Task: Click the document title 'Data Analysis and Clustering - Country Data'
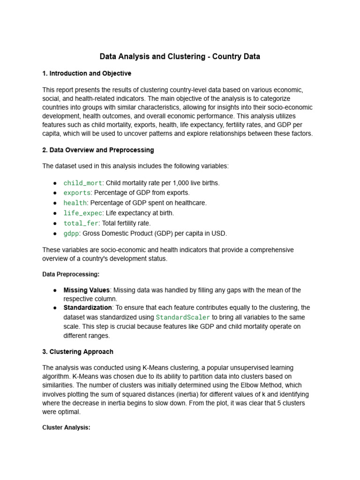[180, 57]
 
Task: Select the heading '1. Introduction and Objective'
[87, 74]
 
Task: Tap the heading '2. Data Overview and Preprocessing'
[98, 150]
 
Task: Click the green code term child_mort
[82, 183]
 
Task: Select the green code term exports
[76, 193]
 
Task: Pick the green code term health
[75, 203]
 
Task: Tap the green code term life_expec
[82, 213]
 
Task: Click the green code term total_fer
[81, 223]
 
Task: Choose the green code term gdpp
[71, 233]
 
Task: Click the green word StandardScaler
[183, 317]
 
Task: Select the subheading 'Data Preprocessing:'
[71, 274]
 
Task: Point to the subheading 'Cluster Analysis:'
[66, 427]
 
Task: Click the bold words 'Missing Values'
[87, 290]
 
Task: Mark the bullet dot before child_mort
[55, 183]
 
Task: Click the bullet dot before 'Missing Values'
[55, 290]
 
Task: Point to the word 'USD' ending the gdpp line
[220, 233]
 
